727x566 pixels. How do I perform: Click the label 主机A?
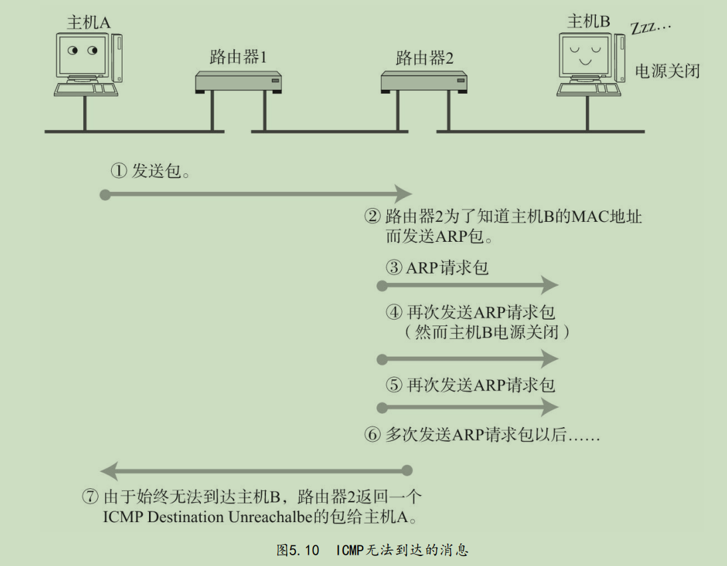pyautogui.click(x=88, y=22)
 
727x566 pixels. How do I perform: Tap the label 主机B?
pyautogui.click(x=589, y=21)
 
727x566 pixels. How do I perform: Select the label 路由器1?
pyautogui.click(x=238, y=58)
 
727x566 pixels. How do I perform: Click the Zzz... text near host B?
pyautogui.click(x=651, y=28)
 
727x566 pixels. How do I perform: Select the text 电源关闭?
pyautogui.click(x=667, y=71)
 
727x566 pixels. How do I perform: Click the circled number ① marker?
pyautogui.click(x=118, y=171)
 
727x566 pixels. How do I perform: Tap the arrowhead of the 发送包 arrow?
pyautogui.click(x=404, y=195)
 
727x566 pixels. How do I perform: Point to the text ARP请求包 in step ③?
pyautogui.click(x=448, y=268)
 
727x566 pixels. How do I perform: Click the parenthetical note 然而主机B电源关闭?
pyautogui.click(x=488, y=331)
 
